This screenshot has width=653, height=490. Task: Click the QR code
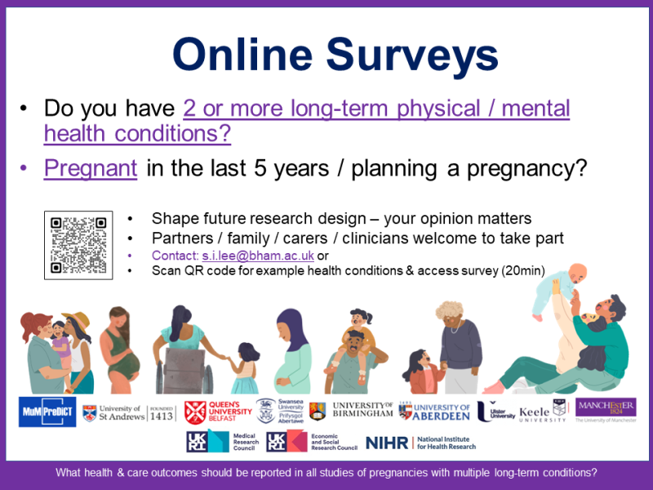78,245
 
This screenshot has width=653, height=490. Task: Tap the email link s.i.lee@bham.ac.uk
258,256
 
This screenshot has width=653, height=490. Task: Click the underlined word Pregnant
91,168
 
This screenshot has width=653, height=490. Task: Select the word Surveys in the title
412,56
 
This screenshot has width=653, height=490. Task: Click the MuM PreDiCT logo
47,412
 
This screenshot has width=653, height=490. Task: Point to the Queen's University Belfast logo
218,412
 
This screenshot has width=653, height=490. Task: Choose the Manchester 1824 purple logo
606,407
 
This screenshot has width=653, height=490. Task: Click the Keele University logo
543,412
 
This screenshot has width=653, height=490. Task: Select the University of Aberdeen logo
434,412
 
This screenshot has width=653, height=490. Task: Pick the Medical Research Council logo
223,442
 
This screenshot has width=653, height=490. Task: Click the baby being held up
559,291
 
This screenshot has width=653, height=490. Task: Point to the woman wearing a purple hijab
293,351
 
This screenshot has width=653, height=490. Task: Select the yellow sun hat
77,320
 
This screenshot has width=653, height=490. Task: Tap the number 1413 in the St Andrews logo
161,416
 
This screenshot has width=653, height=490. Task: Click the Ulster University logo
495,412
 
